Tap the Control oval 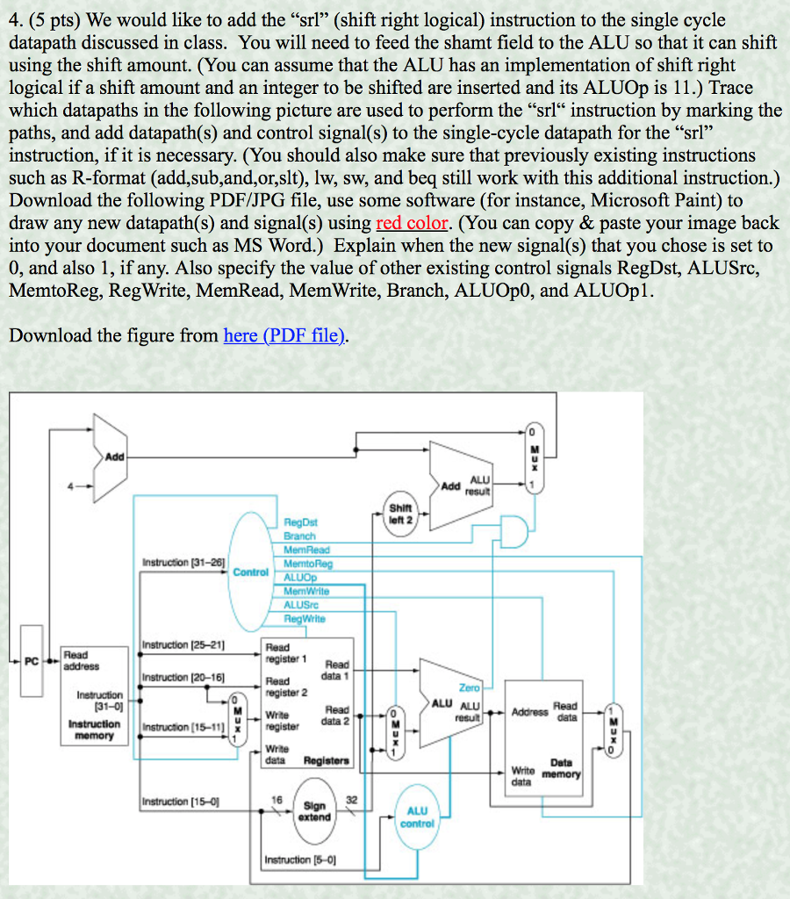coord(250,572)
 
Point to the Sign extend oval coord(314,810)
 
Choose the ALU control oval coord(417,817)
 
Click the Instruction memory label coord(94,730)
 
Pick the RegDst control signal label coord(301,522)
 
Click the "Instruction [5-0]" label coord(300,859)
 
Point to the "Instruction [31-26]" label coord(183,561)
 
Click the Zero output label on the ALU coord(470,688)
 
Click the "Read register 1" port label coord(284,652)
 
